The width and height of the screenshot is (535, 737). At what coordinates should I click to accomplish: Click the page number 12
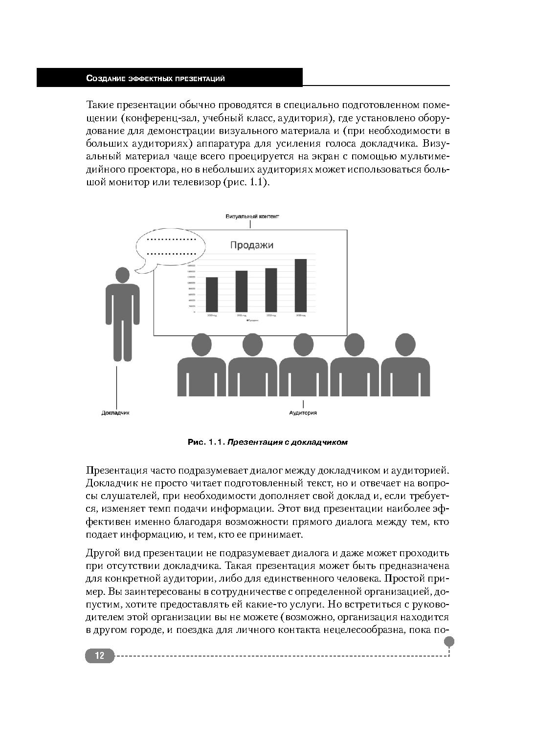(100, 656)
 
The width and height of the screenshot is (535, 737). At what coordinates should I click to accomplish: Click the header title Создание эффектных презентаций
(155, 78)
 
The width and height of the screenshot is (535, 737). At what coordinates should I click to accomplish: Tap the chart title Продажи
(252, 245)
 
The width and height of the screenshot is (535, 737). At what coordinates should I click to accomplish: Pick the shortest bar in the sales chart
(211, 294)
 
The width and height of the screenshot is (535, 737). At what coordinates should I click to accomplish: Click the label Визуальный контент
(252, 216)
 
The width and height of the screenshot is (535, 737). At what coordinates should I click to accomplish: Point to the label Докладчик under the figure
(115, 412)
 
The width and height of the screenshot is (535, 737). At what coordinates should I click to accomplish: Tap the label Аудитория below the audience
(303, 412)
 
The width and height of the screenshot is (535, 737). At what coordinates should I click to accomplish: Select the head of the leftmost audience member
(201, 345)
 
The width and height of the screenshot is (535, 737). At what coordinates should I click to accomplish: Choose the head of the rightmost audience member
(405, 345)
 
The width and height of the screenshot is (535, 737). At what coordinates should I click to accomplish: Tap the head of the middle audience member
(303, 345)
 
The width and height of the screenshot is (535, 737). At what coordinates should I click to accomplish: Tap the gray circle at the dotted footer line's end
(449, 641)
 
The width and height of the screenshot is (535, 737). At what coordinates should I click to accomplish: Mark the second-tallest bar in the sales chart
(271, 290)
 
